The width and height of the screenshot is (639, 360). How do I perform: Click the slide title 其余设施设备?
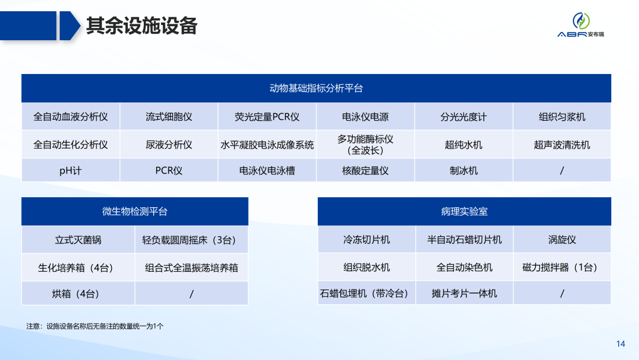141,26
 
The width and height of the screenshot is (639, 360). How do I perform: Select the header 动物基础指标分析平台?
316,88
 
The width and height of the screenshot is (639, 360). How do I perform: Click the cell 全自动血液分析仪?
70,117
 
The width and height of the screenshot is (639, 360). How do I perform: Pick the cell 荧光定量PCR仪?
267,117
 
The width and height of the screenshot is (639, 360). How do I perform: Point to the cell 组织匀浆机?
561,117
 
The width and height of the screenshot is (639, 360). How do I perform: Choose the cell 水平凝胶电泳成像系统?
267,144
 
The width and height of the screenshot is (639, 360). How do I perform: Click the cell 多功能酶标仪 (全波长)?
365,144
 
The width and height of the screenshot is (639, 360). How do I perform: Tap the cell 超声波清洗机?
561,144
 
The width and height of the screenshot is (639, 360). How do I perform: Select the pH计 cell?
70,171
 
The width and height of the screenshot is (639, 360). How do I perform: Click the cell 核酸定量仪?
365,171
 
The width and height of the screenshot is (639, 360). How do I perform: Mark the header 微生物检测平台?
135,211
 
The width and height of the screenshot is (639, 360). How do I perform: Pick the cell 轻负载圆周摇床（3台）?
191,240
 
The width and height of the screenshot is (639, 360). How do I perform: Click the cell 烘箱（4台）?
78,294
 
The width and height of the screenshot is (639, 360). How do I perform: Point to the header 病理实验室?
464,211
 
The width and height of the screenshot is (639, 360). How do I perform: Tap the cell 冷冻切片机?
366,240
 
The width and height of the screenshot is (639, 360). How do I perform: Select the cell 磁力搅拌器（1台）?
561,267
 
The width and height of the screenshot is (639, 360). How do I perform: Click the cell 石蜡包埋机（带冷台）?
366,294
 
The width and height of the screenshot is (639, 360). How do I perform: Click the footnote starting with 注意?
95,326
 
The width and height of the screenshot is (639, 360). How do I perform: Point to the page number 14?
621,344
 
